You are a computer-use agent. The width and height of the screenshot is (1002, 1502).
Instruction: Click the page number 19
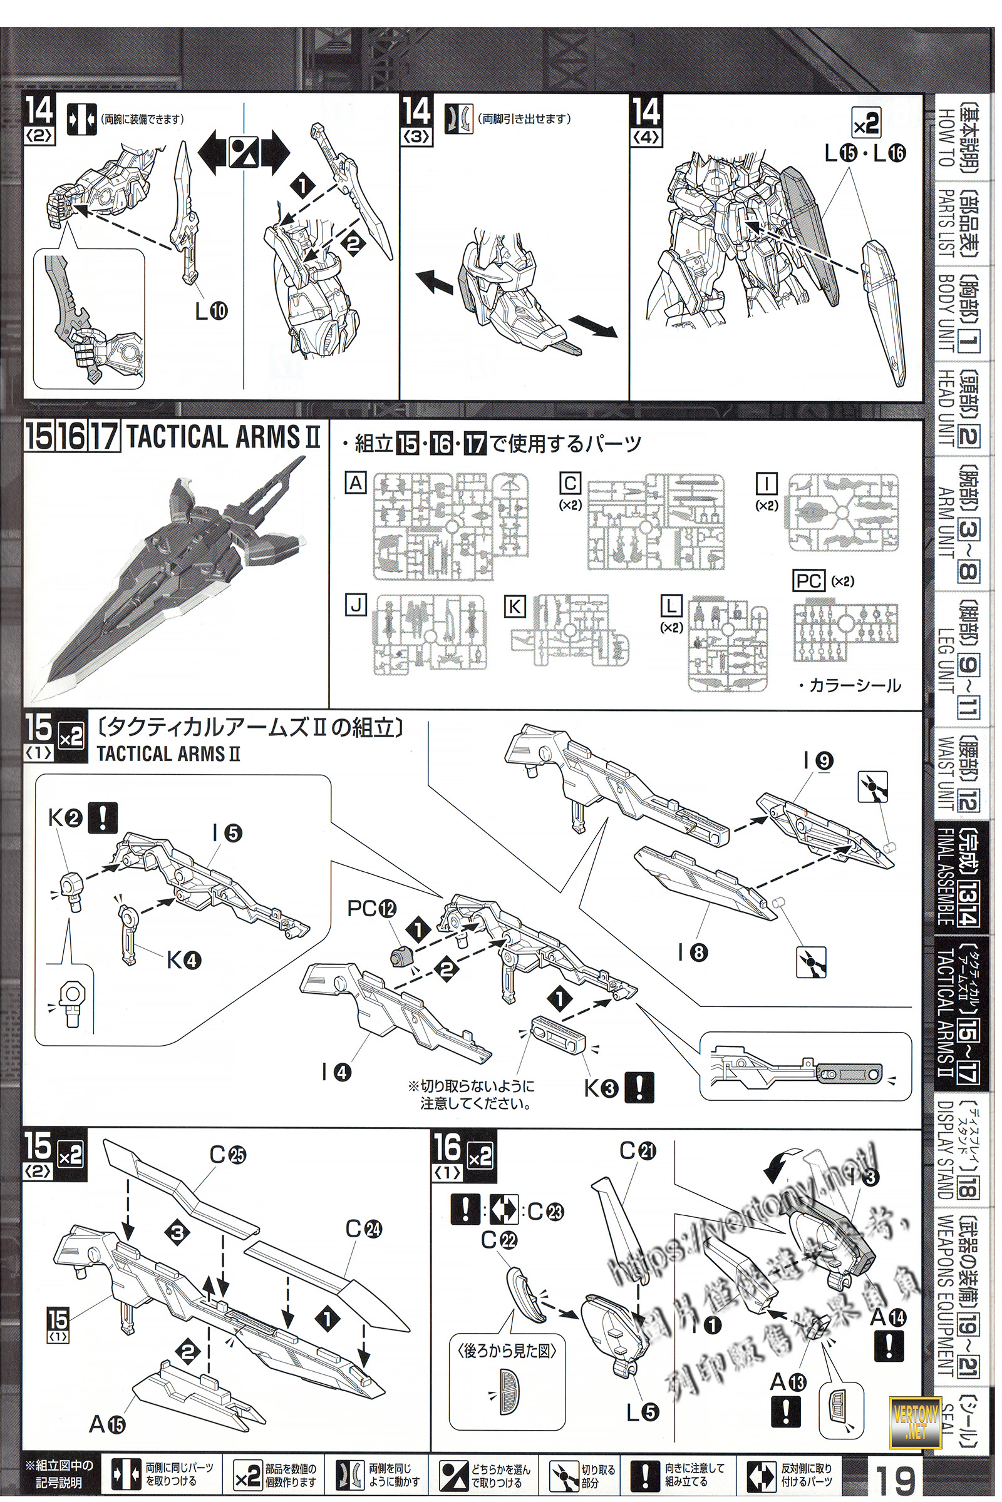coord(896,1476)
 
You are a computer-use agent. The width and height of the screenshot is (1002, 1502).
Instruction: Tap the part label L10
coord(212,310)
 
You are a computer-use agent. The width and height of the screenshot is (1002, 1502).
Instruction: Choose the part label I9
coord(817,760)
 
